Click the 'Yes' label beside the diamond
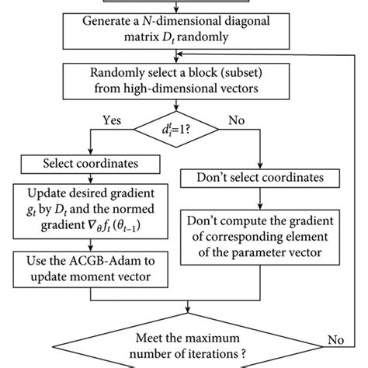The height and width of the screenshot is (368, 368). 111,122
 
